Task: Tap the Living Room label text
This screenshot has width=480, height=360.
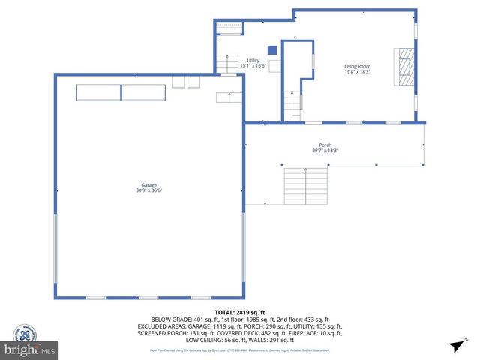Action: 357,66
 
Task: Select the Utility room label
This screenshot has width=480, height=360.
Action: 252,60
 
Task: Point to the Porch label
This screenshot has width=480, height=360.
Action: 325,146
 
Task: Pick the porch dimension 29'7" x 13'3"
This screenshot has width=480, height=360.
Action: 325,151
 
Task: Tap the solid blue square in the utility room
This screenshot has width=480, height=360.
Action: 272,50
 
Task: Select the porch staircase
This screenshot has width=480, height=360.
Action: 305,184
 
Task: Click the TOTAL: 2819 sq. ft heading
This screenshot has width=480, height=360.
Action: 240,312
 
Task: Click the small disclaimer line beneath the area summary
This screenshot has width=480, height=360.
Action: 240,349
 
